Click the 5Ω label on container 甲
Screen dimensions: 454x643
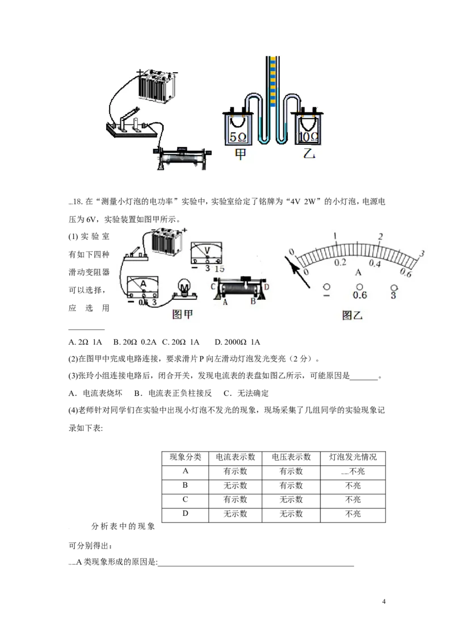[238, 137]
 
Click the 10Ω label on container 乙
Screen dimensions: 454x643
[309, 136]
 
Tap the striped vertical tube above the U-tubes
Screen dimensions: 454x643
[272, 81]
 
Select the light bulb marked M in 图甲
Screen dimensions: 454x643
[185, 288]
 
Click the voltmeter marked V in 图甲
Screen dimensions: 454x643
[207, 253]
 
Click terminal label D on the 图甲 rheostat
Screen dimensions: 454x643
[267, 287]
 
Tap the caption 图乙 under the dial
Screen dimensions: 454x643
[352, 315]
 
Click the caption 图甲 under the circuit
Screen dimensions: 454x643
[182, 314]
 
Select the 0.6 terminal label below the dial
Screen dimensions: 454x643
[359, 295]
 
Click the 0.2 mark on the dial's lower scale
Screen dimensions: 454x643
[340, 262]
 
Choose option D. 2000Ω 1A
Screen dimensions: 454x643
[237, 342]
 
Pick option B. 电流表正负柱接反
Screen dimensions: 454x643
[173, 393]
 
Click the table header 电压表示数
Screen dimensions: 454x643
[291, 457]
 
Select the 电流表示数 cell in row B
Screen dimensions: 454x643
[235, 486]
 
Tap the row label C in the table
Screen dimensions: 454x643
[185, 499]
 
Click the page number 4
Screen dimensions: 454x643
[384, 602]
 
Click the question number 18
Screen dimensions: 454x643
[77, 201]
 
